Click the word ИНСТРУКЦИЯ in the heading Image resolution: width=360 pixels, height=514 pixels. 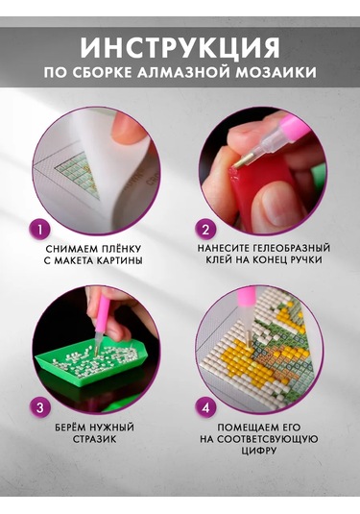(x=180, y=46)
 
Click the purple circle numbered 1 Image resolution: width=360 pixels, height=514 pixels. (x=38, y=229)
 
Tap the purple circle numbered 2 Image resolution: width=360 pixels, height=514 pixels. (x=204, y=229)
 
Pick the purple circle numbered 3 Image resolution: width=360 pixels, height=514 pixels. (x=38, y=407)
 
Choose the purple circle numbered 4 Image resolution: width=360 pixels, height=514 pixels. (x=205, y=407)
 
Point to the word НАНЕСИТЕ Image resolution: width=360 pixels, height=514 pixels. (x=218, y=245)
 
